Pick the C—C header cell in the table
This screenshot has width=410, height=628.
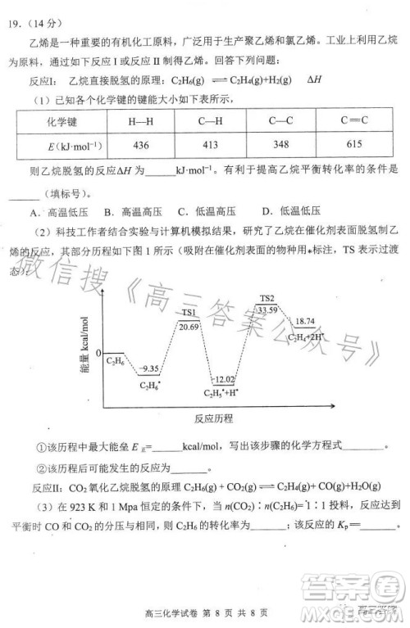(280, 121)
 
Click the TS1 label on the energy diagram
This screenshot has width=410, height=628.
(188, 313)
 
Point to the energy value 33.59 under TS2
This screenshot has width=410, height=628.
(267, 310)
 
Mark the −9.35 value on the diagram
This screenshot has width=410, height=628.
(149, 370)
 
